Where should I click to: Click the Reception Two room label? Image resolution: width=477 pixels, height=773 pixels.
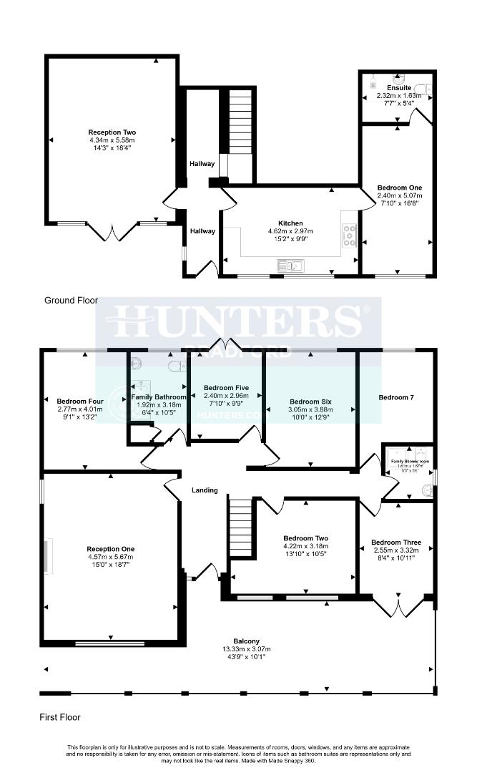[x=112, y=132]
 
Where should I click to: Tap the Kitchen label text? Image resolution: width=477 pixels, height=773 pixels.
[x=290, y=223]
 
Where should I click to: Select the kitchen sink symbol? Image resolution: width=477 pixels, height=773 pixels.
[x=290, y=266]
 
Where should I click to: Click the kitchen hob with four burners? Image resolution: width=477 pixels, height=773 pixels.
[x=350, y=235]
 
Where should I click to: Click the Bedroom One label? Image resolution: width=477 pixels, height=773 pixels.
[x=400, y=188]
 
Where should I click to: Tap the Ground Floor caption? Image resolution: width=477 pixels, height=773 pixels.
[x=71, y=301]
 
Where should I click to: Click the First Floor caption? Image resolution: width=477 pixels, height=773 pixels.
[x=61, y=716]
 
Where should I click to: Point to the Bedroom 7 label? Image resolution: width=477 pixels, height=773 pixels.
[x=396, y=397]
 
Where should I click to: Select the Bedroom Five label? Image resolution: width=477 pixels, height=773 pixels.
[x=225, y=387]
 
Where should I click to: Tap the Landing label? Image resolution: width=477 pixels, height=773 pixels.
[x=204, y=490]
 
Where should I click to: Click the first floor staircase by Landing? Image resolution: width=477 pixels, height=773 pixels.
[x=241, y=526]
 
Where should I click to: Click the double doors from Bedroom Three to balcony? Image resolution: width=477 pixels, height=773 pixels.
[x=397, y=606]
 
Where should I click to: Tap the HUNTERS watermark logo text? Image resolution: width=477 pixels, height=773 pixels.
[x=238, y=320]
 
